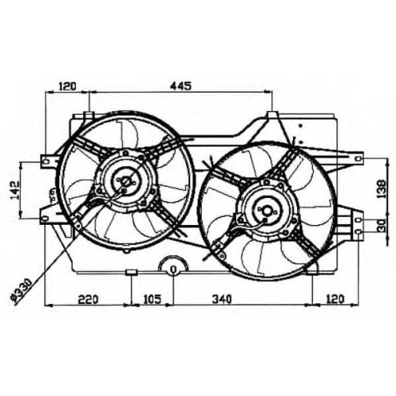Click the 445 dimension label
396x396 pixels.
point(181,86)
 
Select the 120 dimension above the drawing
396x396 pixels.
point(67,86)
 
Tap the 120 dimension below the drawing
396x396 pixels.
point(335,299)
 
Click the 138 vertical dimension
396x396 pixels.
point(382,188)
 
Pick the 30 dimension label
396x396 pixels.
point(382,225)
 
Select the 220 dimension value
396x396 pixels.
point(88,299)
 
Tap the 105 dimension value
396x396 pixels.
point(152,299)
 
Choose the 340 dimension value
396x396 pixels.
point(222,299)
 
